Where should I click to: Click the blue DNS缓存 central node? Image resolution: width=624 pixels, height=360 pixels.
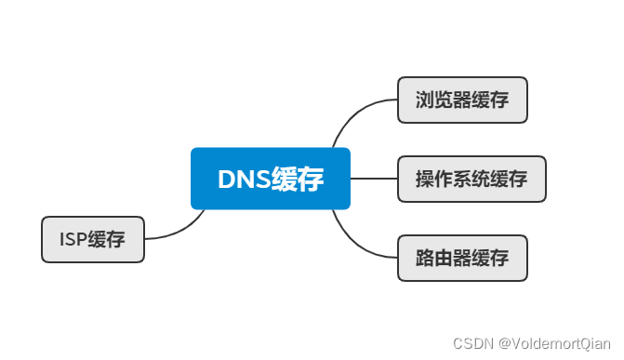(270, 179)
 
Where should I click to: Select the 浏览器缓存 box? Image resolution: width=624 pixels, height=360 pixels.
(462, 100)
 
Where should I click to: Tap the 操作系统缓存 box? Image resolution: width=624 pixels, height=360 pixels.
(471, 180)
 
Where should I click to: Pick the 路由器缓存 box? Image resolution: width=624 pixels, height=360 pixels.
(462, 259)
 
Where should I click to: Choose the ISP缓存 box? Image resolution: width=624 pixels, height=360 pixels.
(93, 240)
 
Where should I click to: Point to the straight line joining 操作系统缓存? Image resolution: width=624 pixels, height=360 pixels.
(374, 179)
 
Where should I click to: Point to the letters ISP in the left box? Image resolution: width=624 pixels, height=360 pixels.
(73, 240)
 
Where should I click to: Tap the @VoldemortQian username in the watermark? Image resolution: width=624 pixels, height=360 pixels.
(554, 344)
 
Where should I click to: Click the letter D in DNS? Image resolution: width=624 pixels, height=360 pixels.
(227, 180)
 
